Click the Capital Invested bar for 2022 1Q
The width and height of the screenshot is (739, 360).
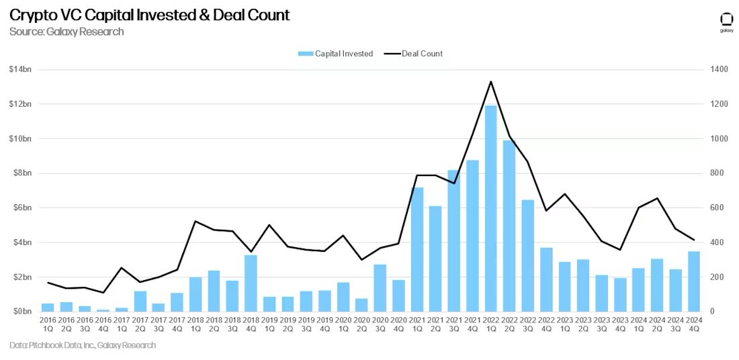click(x=491, y=208)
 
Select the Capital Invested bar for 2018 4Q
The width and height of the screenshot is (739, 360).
click(x=250, y=283)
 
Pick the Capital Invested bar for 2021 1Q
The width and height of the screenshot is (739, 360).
click(x=417, y=249)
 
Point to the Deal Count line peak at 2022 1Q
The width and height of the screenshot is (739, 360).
click(x=491, y=82)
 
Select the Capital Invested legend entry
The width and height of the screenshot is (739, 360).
click(x=335, y=54)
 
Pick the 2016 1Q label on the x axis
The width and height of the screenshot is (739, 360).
click(x=48, y=324)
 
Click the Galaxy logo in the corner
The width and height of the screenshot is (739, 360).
click(x=726, y=21)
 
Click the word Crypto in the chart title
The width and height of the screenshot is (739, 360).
click(x=32, y=15)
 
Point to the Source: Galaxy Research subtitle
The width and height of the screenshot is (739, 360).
click(x=67, y=32)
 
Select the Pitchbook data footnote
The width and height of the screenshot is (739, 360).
click(x=83, y=345)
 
